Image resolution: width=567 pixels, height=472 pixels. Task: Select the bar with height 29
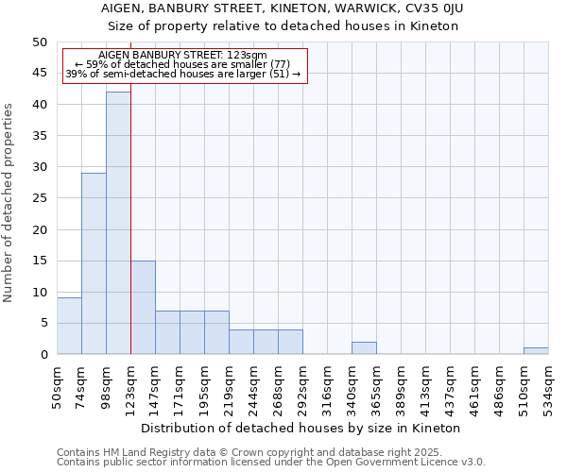click(x=94, y=263)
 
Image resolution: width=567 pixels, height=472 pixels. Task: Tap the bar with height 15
click(x=143, y=307)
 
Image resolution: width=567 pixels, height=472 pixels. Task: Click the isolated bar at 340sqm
click(x=364, y=348)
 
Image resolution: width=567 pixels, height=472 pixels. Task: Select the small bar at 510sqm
click(x=536, y=351)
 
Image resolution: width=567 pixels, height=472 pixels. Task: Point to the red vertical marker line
click(x=130, y=236)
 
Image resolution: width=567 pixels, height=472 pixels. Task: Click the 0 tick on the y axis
click(x=43, y=355)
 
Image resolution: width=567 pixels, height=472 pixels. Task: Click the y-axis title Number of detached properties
click(x=9, y=198)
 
